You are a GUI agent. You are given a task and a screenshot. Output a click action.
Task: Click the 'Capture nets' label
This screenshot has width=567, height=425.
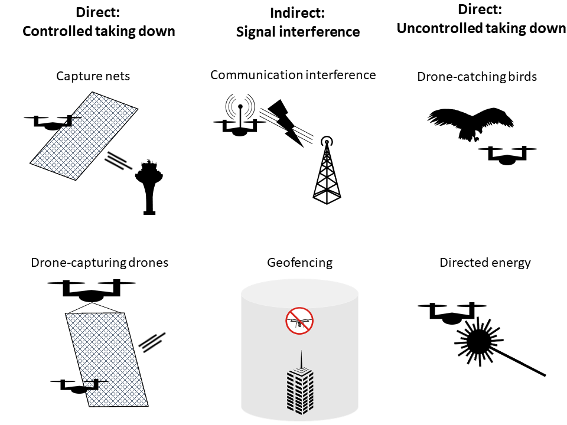93,76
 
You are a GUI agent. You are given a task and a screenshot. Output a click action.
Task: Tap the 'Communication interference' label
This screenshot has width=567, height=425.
293,75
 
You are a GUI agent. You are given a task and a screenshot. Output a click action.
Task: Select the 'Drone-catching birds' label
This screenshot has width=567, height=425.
477,76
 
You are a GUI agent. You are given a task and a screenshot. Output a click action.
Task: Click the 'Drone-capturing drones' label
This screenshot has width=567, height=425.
99,263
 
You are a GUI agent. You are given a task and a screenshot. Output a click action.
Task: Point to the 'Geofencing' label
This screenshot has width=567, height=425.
299,263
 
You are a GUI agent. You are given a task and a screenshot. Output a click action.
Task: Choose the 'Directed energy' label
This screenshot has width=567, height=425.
485,263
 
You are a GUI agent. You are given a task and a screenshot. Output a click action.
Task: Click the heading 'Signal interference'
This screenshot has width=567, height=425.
298,32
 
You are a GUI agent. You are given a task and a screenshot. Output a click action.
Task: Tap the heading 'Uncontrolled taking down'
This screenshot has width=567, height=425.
481,28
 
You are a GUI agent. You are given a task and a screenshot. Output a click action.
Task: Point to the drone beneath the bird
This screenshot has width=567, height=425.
507,155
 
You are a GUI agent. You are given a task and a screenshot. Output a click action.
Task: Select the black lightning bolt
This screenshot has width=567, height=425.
285,123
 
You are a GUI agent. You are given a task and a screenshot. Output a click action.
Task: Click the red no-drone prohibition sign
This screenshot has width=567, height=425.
299,321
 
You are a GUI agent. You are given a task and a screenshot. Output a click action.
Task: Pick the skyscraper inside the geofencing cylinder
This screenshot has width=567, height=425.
302,384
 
